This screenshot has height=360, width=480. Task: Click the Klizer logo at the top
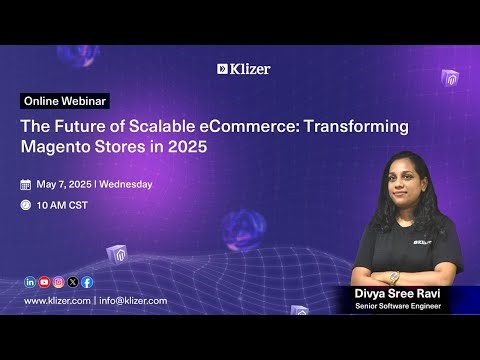[243, 69]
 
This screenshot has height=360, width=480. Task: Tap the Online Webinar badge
[65, 102]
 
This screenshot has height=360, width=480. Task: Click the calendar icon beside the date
[26, 184]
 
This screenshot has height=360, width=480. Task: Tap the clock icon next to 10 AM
[26, 205]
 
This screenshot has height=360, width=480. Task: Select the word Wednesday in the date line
[125, 184]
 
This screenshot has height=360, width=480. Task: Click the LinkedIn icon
[30, 282]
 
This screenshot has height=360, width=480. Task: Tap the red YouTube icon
[44, 282]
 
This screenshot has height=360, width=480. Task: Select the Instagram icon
[58, 282]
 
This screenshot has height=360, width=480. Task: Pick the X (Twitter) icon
[73, 282]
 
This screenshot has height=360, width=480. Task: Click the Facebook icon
[87, 282]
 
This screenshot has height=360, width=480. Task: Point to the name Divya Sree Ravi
[396, 293]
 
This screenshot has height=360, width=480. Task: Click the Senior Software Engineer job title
[396, 306]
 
